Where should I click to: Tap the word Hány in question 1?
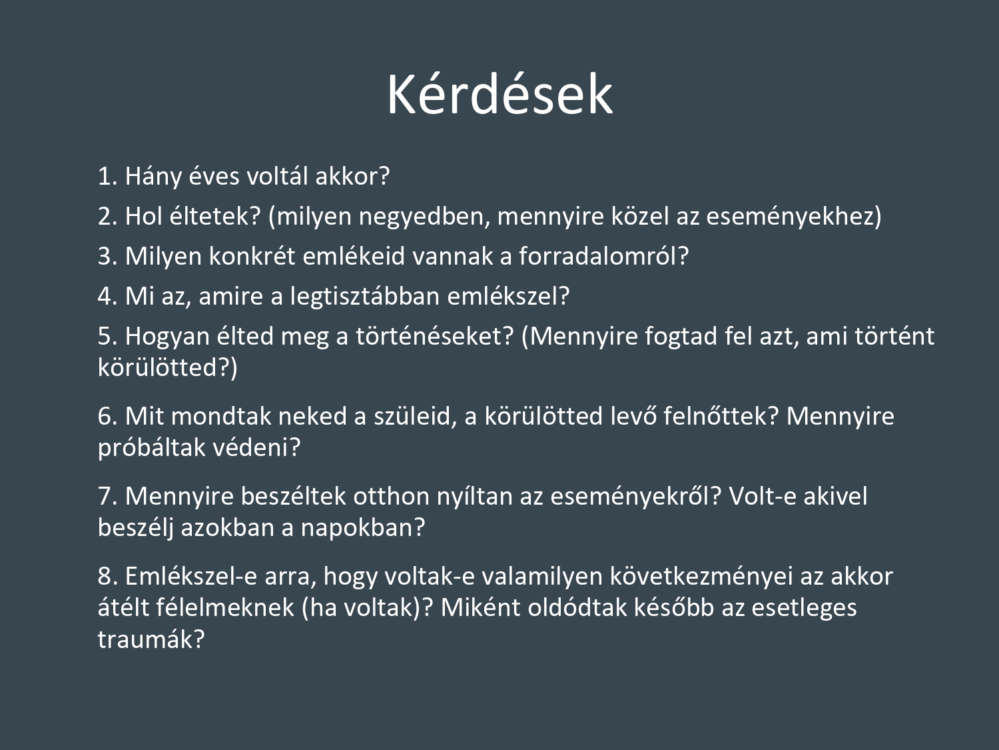point(153,177)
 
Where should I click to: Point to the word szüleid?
point(416,417)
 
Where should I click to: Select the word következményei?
point(701,577)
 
